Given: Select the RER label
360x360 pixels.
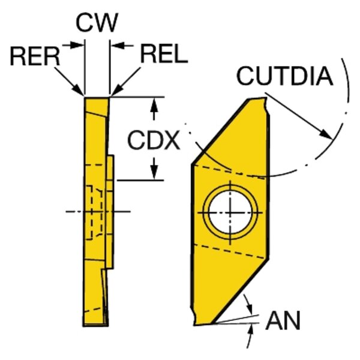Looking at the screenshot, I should coord(35,56).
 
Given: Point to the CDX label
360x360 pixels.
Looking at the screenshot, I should coord(154,141).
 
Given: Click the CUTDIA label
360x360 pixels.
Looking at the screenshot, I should coord(284,76).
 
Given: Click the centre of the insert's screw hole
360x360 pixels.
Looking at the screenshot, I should coord(231,213).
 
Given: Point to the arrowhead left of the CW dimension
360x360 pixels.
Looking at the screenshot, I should coord(79,44).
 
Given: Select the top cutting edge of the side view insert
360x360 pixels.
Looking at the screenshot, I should coord(97,97).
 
